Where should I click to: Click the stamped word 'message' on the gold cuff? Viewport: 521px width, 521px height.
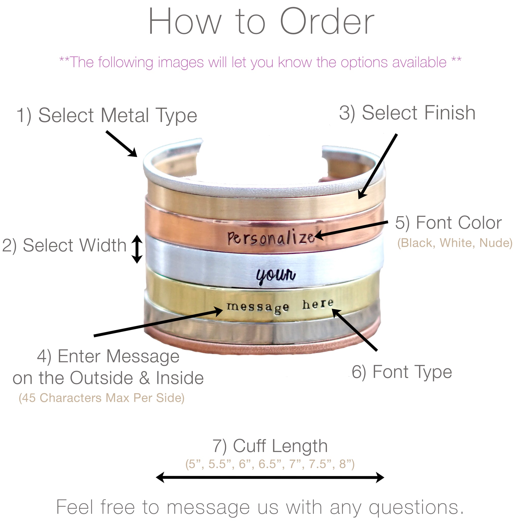click(x=257, y=307)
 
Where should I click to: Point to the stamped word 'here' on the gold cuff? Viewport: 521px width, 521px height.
click(x=318, y=305)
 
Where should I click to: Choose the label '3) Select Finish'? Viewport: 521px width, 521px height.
click(x=407, y=113)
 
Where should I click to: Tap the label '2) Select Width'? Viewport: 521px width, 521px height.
click(x=64, y=246)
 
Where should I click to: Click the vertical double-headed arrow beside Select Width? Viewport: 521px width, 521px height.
click(x=137, y=249)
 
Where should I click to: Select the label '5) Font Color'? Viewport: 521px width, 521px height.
click(x=448, y=223)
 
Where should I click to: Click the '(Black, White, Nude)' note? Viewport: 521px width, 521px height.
click(x=455, y=243)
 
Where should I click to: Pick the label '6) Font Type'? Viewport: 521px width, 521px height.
click(x=402, y=372)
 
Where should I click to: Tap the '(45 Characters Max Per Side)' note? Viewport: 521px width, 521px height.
click(x=102, y=398)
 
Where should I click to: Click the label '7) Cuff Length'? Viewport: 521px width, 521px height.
click(x=270, y=446)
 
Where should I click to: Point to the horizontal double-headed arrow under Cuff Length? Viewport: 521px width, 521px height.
click(x=270, y=477)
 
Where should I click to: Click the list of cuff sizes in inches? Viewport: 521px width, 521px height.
click(x=270, y=464)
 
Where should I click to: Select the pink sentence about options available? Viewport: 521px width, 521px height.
click(x=260, y=63)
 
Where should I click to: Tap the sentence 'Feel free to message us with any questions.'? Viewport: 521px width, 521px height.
click(x=260, y=507)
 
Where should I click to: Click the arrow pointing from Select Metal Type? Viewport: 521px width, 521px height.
click(x=122, y=143)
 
